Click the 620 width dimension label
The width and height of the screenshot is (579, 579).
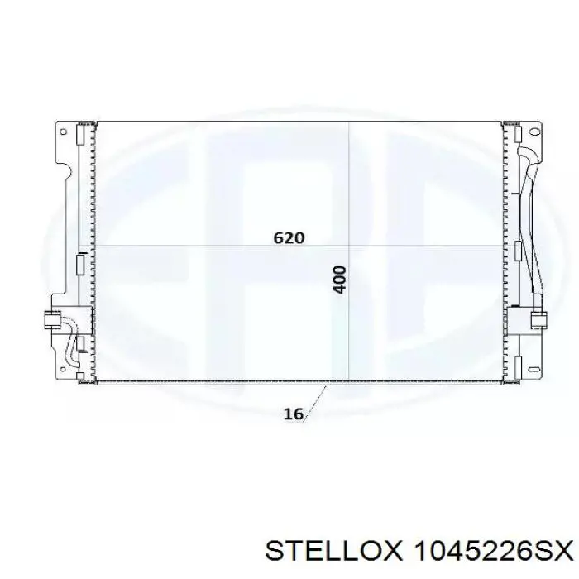click(x=289, y=238)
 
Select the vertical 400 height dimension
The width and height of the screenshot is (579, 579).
click(x=340, y=280)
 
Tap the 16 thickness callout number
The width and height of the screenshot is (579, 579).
click(x=293, y=414)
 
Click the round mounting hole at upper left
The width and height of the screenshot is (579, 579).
click(x=63, y=132)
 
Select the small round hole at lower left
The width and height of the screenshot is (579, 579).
click(x=63, y=369)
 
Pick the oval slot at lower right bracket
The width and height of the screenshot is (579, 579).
click(x=534, y=369)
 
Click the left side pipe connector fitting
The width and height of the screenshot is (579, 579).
click(x=52, y=320)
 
